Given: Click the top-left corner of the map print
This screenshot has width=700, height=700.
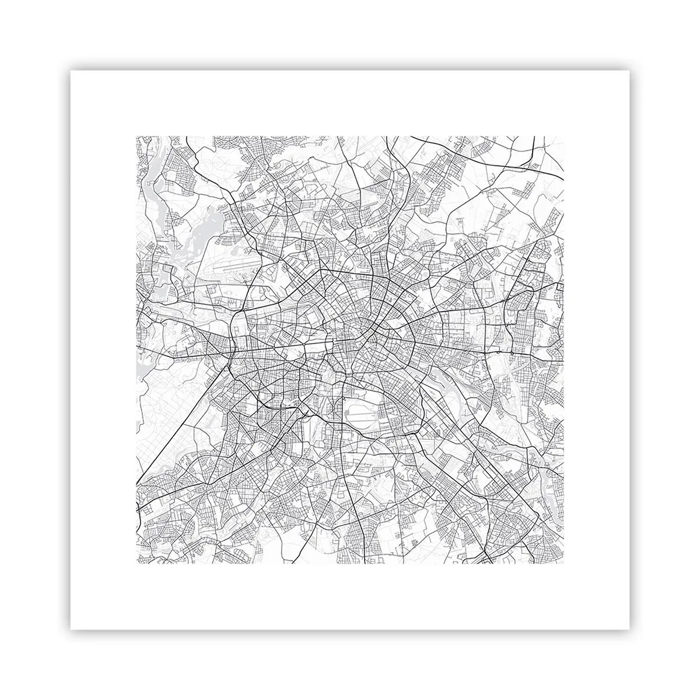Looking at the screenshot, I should coord(136,136).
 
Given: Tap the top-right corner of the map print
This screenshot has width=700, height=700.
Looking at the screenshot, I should coord(565,136).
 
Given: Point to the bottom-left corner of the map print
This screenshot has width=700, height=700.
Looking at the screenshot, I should coord(136,565).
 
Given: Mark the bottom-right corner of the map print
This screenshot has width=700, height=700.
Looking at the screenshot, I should coord(565,565).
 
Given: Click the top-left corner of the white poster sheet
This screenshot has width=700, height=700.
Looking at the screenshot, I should coord(71,71).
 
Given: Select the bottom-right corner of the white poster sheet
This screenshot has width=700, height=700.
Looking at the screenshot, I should coord(629,629).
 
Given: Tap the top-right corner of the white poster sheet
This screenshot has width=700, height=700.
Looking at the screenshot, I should coord(629,71).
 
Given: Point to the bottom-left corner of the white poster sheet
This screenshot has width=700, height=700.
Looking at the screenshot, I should coord(71,629).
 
